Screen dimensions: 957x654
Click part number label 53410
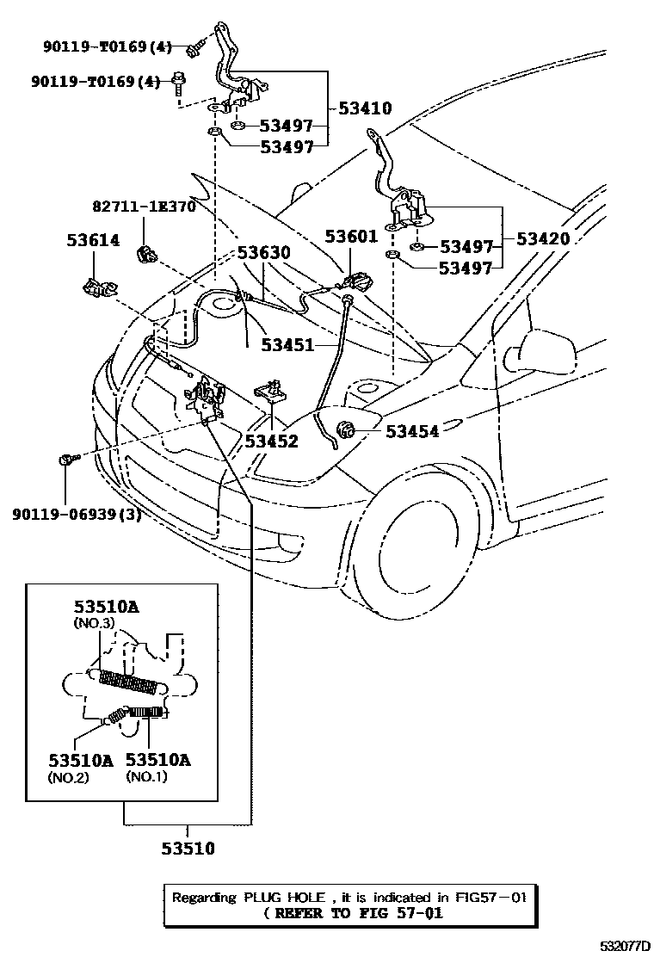click(365, 108)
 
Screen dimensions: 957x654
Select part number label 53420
click(543, 238)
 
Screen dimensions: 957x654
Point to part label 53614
click(93, 241)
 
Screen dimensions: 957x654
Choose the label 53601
click(352, 235)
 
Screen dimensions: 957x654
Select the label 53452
click(271, 441)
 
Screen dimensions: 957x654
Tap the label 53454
click(412, 431)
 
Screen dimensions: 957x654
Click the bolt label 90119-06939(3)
click(77, 515)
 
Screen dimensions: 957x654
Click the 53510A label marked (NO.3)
click(105, 607)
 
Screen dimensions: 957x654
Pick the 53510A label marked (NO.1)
click(158, 760)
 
